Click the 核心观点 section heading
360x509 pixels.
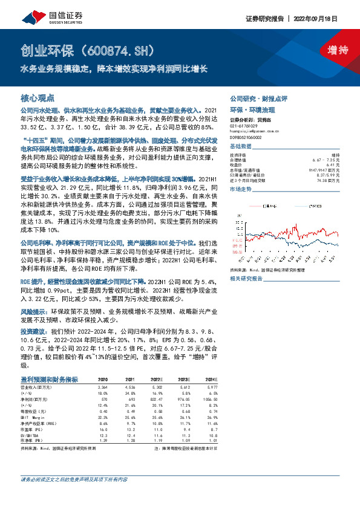click(38, 97)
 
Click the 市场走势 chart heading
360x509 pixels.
click(241, 190)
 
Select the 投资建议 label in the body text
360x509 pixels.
click(34, 332)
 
